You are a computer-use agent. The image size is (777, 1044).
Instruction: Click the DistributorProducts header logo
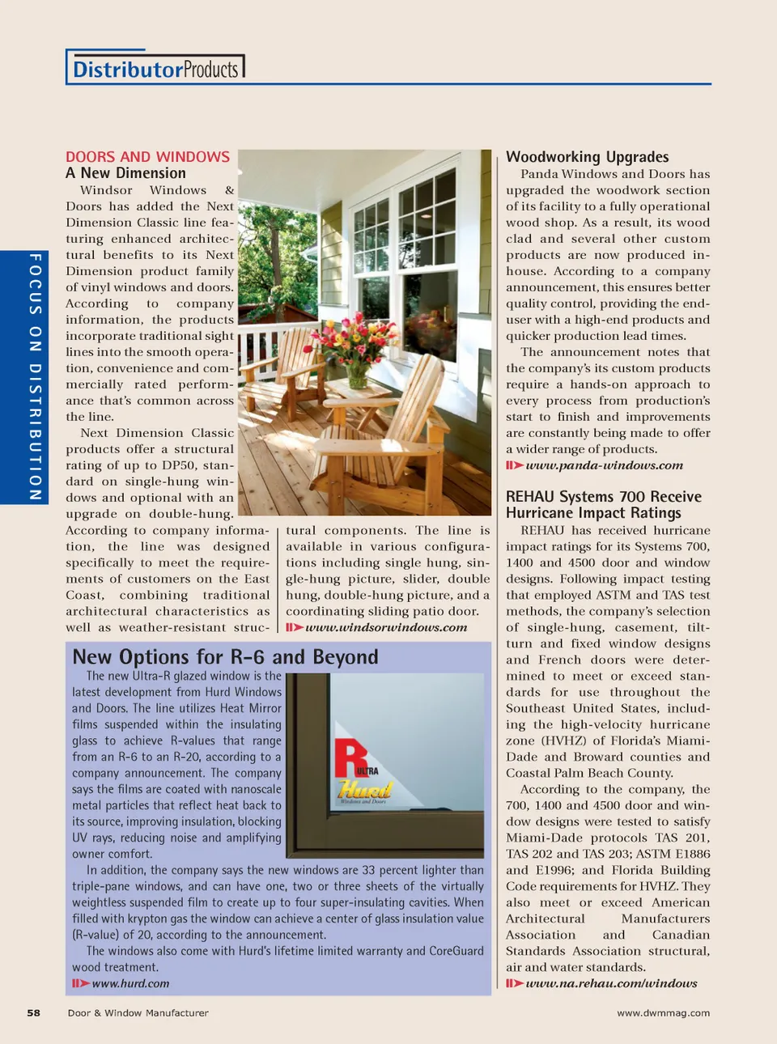pyautogui.click(x=155, y=69)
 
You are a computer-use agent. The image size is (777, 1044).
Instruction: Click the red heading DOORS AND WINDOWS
pyautogui.click(x=147, y=157)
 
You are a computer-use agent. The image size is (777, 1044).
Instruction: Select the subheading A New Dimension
pyautogui.click(x=125, y=173)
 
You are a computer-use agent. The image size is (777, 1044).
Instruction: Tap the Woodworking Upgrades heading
pyautogui.click(x=587, y=157)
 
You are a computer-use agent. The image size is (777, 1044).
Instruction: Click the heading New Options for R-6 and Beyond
pyautogui.click(x=225, y=657)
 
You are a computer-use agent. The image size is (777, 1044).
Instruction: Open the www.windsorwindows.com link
pyautogui.click(x=386, y=627)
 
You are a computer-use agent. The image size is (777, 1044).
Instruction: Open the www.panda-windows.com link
pyautogui.click(x=604, y=465)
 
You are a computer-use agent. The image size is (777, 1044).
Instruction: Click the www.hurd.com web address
pyautogui.click(x=130, y=983)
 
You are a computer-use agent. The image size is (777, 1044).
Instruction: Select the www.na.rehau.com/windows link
pyautogui.click(x=611, y=983)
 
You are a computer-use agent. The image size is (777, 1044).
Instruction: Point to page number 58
pyautogui.click(x=33, y=1012)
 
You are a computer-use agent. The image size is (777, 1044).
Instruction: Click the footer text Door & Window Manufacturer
pyautogui.click(x=138, y=1012)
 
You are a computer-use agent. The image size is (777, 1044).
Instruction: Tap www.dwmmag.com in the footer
pyautogui.click(x=663, y=1012)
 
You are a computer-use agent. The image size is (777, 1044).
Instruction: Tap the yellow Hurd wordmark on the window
pyautogui.click(x=364, y=789)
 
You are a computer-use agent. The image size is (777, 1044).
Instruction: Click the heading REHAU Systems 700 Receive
pyautogui.click(x=603, y=497)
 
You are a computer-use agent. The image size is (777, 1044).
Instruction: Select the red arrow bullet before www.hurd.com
pyautogui.click(x=80, y=983)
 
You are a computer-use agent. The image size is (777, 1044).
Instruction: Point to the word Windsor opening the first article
pyautogui.click(x=106, y=190)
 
